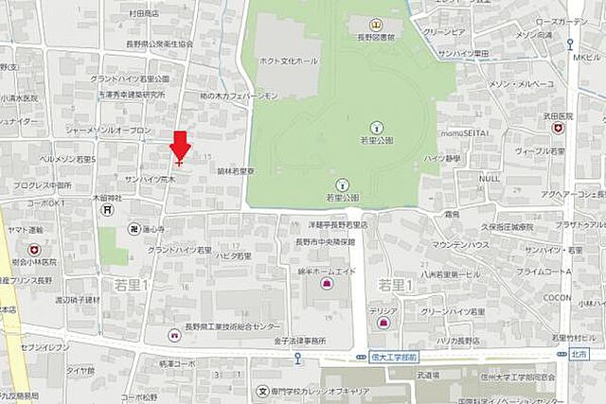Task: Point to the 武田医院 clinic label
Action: point(558,114)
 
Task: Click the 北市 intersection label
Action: point(579,354)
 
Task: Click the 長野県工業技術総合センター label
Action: point(227,326)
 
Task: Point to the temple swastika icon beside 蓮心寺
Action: point(134,229)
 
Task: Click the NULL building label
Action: point(490,178)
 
